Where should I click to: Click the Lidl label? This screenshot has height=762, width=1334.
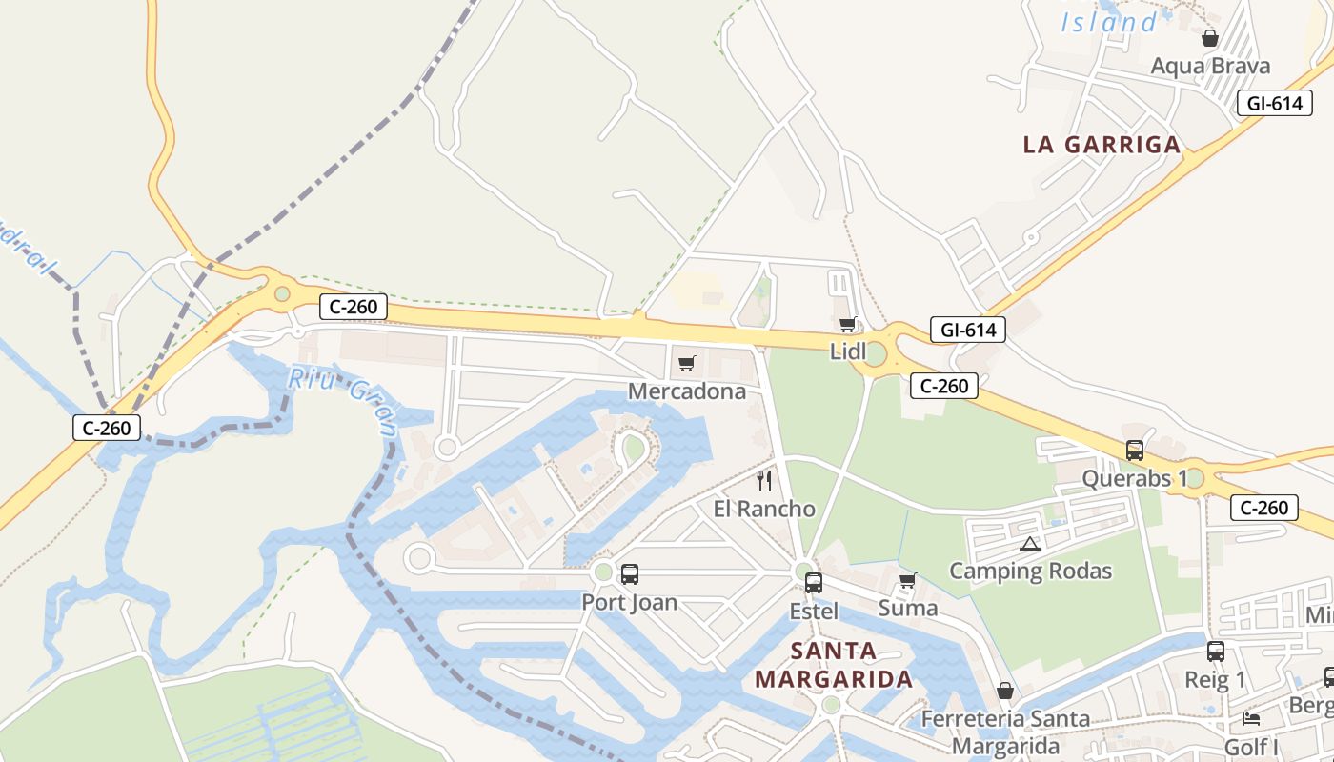[848, 351]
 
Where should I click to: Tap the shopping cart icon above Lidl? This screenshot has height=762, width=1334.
[847, 325]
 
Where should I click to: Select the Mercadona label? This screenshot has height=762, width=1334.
[687, 391]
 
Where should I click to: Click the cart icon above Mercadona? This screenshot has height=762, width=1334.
[687, 363]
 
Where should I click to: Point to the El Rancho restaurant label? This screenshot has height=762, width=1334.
[764, 509]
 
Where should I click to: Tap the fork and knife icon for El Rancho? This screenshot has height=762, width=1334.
[763, 480]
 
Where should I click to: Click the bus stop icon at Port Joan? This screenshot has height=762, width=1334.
[629, 574]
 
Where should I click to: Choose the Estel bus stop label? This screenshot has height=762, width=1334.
[814, 611]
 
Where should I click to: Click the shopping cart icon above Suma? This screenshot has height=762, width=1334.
[907, 580]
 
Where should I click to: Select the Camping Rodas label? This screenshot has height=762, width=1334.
[1030, 571]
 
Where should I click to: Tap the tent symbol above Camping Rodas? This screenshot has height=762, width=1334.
[1029, 545]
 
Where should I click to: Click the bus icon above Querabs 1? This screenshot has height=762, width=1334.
[1134, 451]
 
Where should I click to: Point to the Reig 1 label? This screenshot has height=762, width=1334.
[1215, 680]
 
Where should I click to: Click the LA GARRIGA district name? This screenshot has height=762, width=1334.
[1102, 145]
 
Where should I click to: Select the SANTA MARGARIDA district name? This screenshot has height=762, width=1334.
[833, 665]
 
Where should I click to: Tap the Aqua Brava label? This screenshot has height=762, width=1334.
[1210, 66]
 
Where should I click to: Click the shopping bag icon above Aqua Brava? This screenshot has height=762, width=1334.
[1209, 38]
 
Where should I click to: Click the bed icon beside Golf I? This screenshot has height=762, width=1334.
[1251, 718]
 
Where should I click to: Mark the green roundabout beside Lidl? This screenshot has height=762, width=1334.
[875, 356]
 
